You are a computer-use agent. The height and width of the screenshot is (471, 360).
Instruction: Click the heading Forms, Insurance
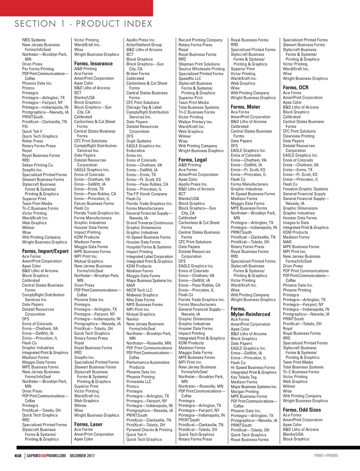click(x=93, y=64)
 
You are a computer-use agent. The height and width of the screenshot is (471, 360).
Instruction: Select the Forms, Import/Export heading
click(x=45, y=251)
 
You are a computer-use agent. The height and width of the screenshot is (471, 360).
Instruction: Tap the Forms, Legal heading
click(x=193, y=160)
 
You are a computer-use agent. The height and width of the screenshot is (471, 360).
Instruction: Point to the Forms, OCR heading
click(x=295, y=88)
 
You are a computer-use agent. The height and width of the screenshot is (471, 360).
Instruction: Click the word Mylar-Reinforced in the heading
click(x=250, y=314)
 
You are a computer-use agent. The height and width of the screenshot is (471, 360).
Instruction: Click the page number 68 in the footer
click(x=18, y=456)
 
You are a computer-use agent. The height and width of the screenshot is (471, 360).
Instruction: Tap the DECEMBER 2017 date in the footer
click(x=82, y=456)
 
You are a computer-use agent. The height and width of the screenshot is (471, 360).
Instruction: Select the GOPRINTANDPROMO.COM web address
click(x=46, y=456)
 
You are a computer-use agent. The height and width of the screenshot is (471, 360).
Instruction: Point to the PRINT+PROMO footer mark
click(x=326, y=456)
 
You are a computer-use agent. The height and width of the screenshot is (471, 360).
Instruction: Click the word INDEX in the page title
click(x=138, y=24)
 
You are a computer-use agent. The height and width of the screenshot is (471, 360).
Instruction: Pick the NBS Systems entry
click(x=34, y=40)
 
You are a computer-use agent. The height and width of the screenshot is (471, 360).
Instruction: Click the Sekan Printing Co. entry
click(x=38, y=165)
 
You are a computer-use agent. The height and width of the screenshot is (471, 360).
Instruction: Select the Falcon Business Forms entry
click(x=94, y=204)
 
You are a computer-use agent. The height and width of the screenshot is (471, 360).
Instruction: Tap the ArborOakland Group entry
click(x=144, y=45)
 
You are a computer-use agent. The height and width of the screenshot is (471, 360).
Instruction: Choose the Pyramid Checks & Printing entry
click(x=149, y=430)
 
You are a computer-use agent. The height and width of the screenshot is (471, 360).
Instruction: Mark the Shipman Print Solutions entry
click(x=199, y=64)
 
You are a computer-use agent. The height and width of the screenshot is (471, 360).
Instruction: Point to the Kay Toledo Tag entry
click(x=244, y=377)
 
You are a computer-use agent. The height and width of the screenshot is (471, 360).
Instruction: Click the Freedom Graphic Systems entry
click(x=305, y=189)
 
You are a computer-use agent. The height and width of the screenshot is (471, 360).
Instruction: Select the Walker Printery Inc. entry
click(x=196, y=122)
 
